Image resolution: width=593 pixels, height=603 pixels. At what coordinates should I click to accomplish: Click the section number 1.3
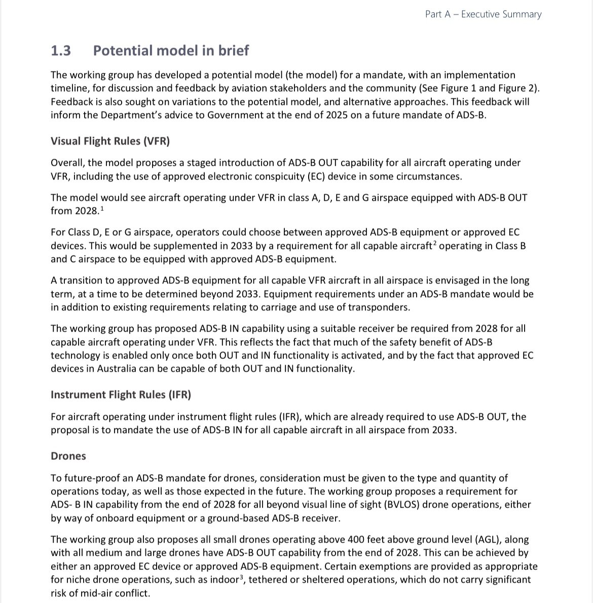61,51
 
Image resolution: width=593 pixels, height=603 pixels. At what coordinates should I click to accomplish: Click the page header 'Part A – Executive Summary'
483,14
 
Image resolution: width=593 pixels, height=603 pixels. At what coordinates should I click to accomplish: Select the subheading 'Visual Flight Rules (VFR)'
110,141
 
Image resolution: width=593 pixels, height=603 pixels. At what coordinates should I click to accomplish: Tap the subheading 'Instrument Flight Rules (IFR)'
121,395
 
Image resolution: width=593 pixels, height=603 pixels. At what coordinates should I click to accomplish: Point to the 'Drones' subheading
68,456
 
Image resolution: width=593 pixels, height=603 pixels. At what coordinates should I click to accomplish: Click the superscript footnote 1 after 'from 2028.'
102,208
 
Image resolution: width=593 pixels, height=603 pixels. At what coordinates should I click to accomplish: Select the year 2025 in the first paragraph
336,115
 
